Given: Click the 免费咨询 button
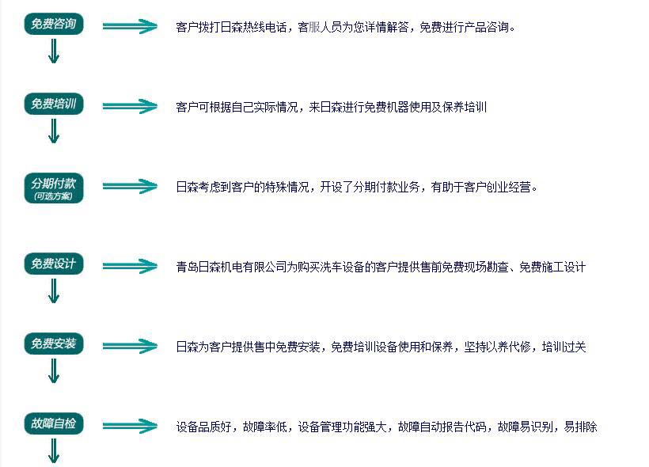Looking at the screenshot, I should (54, 25).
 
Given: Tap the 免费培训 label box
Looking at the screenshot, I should (54, 104).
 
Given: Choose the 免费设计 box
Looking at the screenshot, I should (54, 264).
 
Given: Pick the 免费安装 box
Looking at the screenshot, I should (54, 344).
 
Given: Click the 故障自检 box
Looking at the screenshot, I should (54, 424).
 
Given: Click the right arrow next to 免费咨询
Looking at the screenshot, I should (130, 26).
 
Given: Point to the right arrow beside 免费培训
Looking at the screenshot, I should (130, 106).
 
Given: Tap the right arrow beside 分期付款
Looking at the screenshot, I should (130, 187).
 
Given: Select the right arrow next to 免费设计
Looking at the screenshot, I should (130, 267).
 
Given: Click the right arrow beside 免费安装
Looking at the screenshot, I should (130, 347).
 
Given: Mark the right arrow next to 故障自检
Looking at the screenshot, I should (130, 427).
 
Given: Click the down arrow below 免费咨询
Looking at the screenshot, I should (54, 51).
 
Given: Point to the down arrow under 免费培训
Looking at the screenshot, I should (54, 131).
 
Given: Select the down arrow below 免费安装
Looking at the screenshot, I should (54, 370).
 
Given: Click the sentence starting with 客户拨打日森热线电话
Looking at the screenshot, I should (346, 27).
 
